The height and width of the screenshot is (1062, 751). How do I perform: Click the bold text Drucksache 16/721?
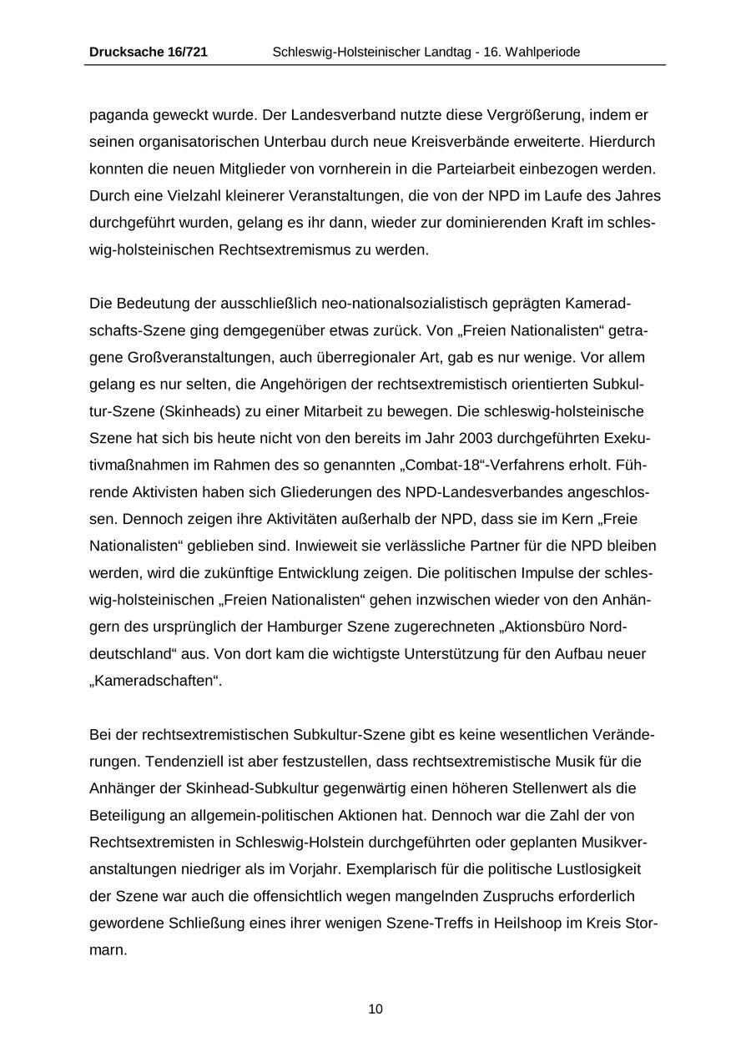pos(149,53)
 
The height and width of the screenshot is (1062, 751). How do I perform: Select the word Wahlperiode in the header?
pos(541,53)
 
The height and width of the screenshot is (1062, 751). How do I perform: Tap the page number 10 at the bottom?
pos(375,1009)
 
